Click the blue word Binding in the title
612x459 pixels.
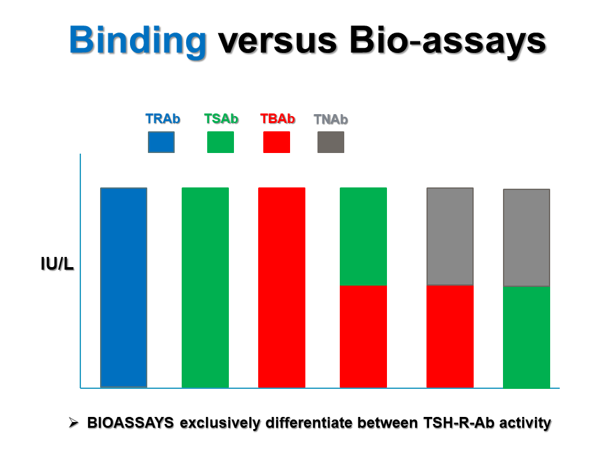click(x=138, y=41)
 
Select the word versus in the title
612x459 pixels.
click(x=277, y=41)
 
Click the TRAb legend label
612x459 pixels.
click(x=163, y=119)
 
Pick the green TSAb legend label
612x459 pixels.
click(x=221, y=119)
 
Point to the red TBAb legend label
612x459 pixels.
click(x=277, y=119)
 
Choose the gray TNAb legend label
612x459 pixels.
click(x=331, y=119)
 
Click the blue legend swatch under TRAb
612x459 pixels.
click(x=161, y=142)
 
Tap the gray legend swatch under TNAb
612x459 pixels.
click(x=331, y=142)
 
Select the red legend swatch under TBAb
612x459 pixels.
click(x=277, y=142)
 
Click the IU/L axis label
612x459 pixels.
click(x=57, y=264)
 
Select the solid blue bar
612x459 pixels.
click(x=124, y=288)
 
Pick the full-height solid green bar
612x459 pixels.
click(x=205, y=288)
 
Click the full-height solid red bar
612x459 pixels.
click(x=282, y=288)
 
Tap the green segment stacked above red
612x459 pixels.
click(x=363, y=237)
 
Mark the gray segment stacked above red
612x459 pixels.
click(x=450, y=237)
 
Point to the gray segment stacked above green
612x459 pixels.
click(x=527, y=238)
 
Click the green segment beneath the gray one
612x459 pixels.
click(x=527, y=337)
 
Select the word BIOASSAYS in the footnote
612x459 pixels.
click(x=130, y=423)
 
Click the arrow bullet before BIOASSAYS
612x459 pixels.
click(x=73, y=422)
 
